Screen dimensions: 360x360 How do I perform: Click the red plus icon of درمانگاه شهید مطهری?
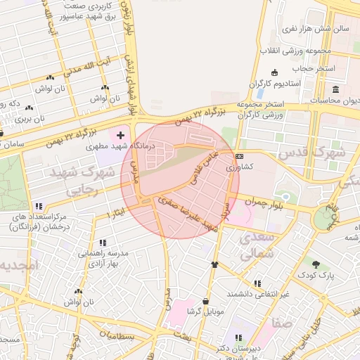(120, 134)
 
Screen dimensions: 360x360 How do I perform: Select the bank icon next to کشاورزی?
(240, 156)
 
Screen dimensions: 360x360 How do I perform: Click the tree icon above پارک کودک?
(316, 264)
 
